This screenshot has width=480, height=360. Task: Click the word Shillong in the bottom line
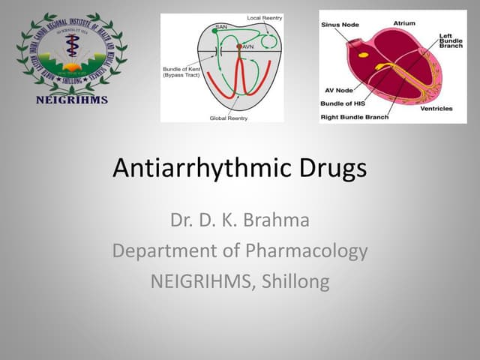pyautogui.click(x=292, y=280)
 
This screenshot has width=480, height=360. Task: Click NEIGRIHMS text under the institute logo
pyautogui.click(x=72, y=99)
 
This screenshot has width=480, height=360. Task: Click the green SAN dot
pyautogui.click(x=214, y=31)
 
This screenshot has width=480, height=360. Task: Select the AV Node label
pyautogui.click(x=336, y=90)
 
